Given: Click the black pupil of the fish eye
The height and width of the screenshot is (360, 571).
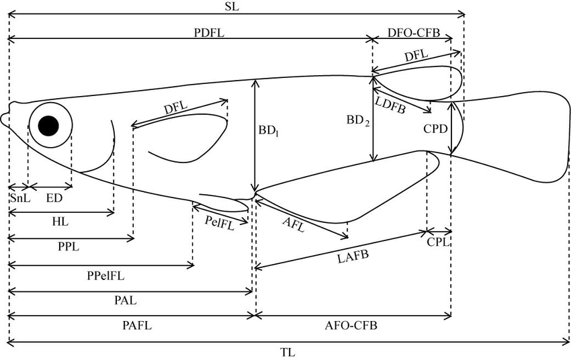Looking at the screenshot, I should click(49, 126).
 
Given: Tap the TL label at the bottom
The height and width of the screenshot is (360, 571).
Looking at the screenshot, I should click(287, 352).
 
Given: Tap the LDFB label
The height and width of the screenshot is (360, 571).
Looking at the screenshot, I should click(390, 105).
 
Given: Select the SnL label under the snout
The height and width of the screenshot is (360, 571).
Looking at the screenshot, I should click(17, 199).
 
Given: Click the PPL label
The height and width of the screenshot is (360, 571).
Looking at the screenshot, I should click(69, 246).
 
